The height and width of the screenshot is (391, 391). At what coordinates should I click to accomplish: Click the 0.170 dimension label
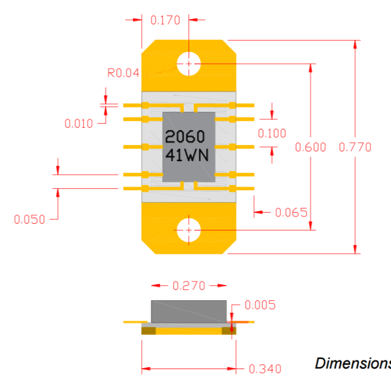[165, 20]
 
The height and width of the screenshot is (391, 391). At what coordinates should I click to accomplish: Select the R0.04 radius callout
[123, 73]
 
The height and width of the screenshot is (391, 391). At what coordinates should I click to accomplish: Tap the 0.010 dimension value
[79, 124]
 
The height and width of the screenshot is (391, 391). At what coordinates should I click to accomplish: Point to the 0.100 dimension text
[272, 133]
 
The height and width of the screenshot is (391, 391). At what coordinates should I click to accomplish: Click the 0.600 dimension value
[311, 147]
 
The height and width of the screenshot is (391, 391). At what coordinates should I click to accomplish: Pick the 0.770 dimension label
[355, 147]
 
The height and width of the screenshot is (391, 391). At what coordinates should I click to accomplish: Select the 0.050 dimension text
[29, 219]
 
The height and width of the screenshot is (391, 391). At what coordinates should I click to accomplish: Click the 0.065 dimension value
[291, 213]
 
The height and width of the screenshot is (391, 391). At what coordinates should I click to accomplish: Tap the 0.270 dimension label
[189, 286]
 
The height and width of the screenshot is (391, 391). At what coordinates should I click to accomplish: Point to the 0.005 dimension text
[260, 305]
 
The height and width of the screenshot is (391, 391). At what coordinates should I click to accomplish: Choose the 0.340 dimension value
[265, 369]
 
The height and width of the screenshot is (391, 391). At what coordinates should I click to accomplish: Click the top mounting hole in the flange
[189, 64]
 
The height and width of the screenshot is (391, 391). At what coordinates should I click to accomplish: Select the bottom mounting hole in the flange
[189, 230]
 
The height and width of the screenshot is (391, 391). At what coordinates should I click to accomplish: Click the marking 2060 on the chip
[185, 137]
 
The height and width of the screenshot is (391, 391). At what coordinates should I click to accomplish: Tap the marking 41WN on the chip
[187, 155]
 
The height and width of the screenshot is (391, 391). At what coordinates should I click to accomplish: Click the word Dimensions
[353, 363]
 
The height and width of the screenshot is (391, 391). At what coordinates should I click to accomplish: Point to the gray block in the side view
[189, 311]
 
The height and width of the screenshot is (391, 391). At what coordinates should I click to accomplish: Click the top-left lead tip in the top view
[124, 105]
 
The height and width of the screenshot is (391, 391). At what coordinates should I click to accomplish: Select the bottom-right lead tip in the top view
[253, 189]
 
